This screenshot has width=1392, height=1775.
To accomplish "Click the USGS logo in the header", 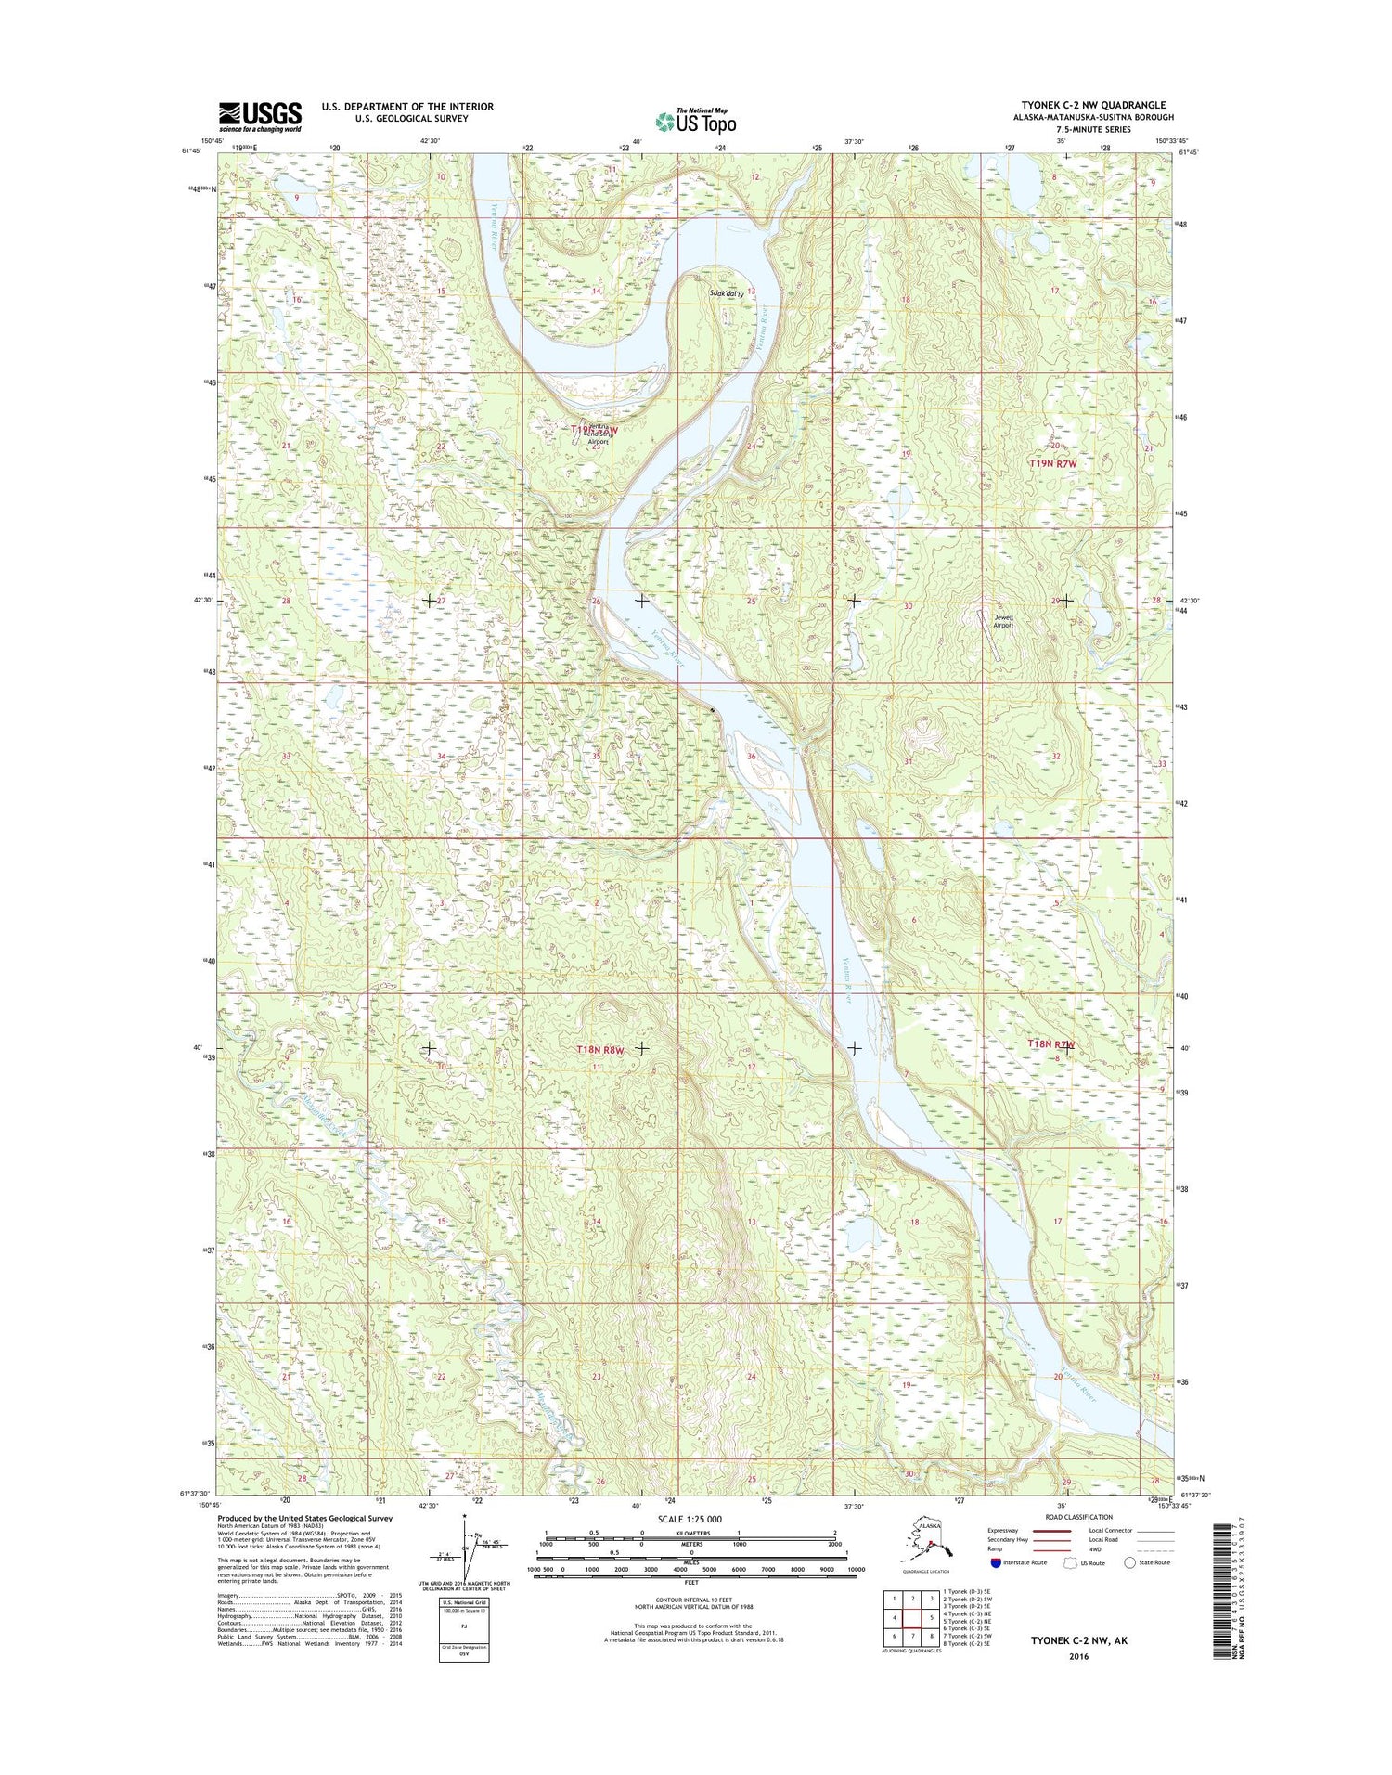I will [x=260, y=116].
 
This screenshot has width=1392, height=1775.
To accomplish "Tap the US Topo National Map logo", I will [x=695, y=121].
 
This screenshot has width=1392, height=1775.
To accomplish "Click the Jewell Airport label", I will [x=1003, y=621].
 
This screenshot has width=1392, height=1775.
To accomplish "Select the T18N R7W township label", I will [x=1051, y=1043].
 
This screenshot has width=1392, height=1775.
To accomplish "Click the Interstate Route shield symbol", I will [x=996, y=1562].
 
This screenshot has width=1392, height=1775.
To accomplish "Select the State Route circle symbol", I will [x=1129, y=1562].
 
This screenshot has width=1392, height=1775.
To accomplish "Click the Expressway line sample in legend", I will [x=1050, y=1531].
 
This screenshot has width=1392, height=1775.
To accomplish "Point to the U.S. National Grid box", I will [x=464, y=1630].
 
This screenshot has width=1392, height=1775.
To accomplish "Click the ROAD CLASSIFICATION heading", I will [x=1080, y=1517].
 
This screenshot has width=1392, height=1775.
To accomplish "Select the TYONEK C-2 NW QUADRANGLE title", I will [x=1092, y=105].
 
